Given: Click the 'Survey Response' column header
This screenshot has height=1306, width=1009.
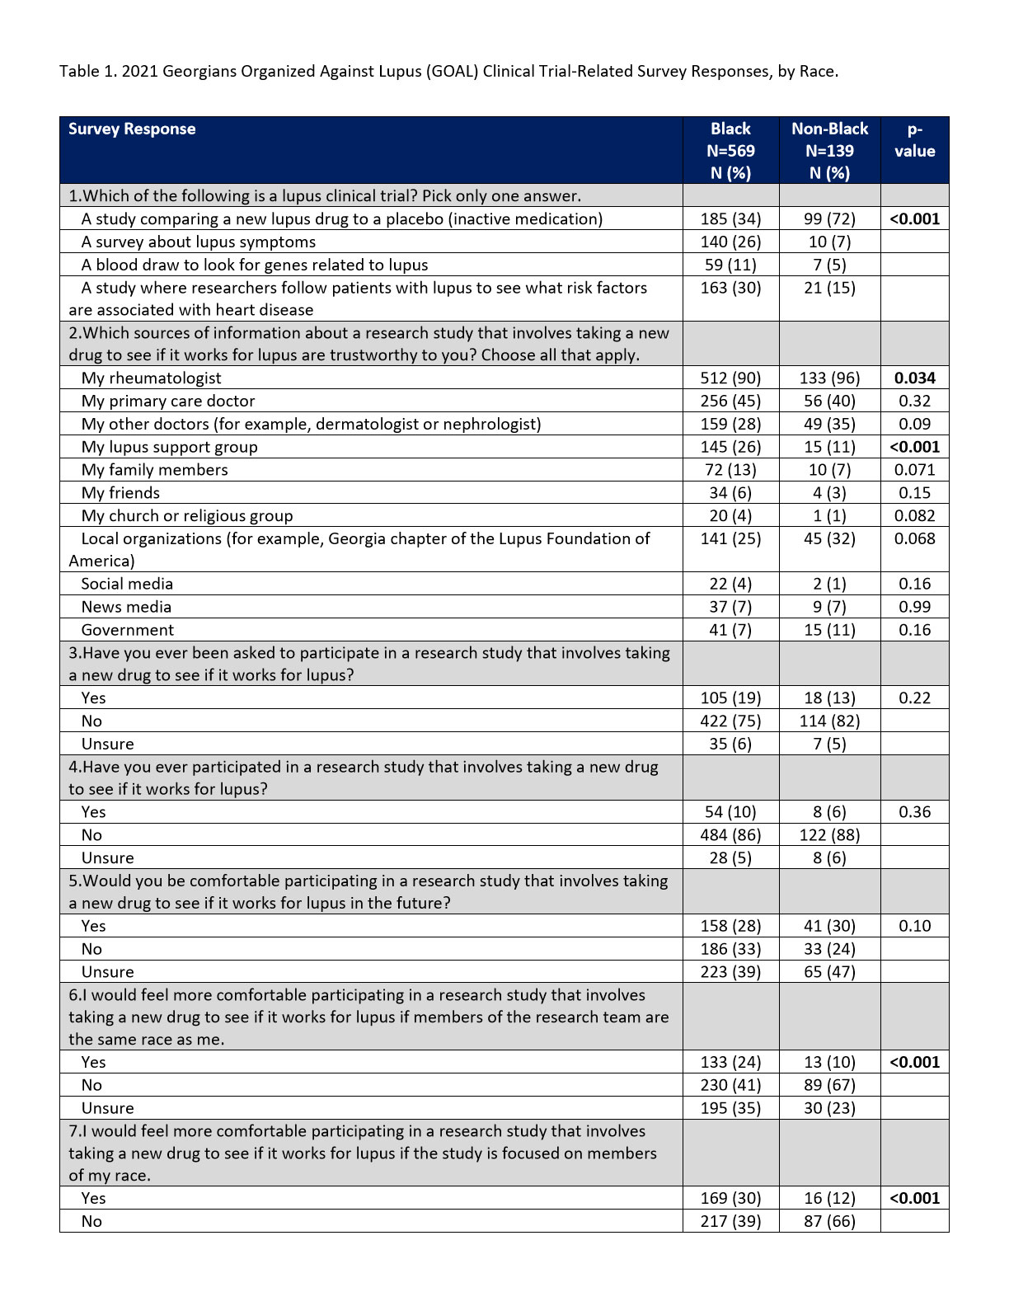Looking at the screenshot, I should (x=132, y=129).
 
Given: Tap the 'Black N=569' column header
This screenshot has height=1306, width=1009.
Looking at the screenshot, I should (x=730, y=150).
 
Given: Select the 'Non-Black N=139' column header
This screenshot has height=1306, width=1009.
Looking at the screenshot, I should (x=829, y=150).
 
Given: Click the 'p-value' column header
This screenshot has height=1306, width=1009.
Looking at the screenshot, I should (x=914, y=140).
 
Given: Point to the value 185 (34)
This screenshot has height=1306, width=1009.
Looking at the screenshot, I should (x=730, y=219).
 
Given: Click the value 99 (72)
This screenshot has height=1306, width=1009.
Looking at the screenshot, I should (x=829, y=219).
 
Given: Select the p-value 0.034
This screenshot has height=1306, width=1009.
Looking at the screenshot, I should (x=914, y=378).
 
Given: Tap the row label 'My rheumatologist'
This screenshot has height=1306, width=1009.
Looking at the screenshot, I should (x=152, y=378).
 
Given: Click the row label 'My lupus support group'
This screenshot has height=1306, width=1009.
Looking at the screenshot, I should (x=169, y=447).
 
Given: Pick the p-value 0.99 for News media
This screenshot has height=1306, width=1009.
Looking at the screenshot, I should (x=914, y=607).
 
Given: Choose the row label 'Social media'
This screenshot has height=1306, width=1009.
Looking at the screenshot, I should (x=127, y=584).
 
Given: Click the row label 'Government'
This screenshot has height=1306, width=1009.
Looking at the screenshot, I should (x=128, y=630).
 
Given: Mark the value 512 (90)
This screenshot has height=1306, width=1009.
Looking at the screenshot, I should (x=730, y=378).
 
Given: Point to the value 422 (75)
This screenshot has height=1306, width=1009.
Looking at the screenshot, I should (x=730, y=721).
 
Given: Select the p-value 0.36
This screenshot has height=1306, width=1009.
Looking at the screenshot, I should (x=914, y=812).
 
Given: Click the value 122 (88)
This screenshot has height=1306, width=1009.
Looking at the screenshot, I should (x=829, y=835).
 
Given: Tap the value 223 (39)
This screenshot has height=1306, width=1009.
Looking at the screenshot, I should (x=730, y=972).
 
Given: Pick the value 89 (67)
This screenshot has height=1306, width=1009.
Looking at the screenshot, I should (x=829, y=1085).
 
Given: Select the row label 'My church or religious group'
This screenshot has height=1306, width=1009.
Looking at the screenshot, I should (x=187, y=516).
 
